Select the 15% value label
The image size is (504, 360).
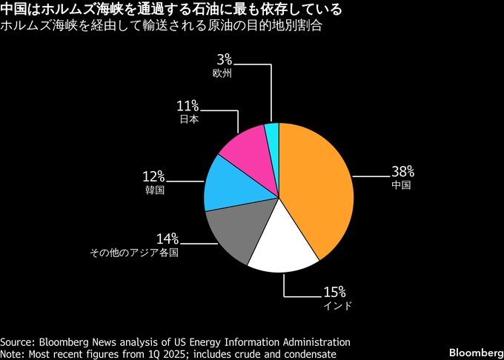click(x=334, y=291)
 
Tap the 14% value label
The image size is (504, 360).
click(x=167, y=239)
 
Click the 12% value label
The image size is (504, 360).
click(x=153, y=176)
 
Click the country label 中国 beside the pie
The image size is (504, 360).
click(x=400, y=186)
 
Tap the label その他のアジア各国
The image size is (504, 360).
click(x=134, y=253)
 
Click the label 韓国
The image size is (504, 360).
click(x=154, y=190)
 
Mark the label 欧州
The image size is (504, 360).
click(x=222, y=73)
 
